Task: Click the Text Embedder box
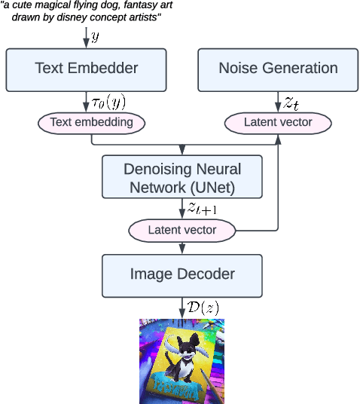[x=87, y=68]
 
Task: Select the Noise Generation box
[x=278, y=68]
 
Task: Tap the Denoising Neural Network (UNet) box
[x=182, y=176]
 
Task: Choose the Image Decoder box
[x=182, y=275]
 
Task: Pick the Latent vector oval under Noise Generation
[x=278, y=121]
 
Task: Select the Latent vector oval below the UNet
[x=182, y=229]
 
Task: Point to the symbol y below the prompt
[x=95, y=36]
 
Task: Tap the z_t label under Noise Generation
[x=291, y=103]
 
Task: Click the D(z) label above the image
[x=201, y=308]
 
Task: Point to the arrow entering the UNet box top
[x=182, y=150]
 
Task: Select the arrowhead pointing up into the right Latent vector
[x=278, y=136]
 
